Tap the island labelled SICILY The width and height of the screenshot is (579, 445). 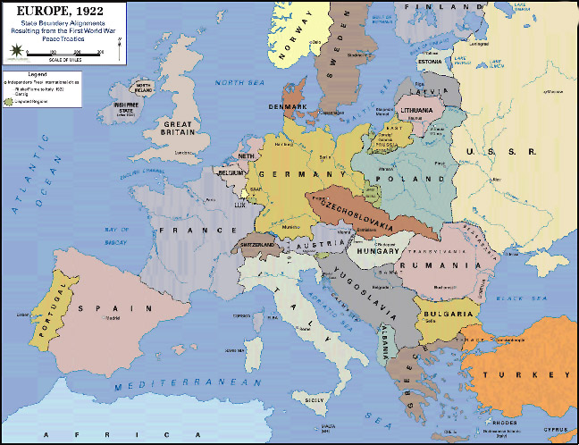pyautogui.click(x=314, y=401)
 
